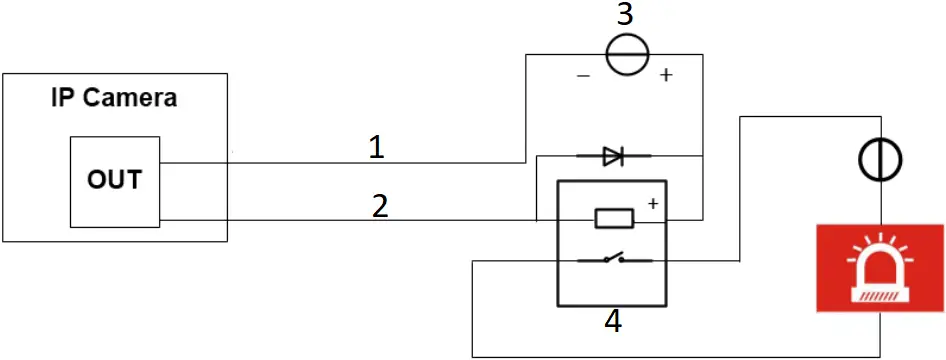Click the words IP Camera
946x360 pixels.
(114, 98)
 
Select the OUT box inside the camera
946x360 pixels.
(114, 181)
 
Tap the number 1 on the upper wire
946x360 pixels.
(376, 148)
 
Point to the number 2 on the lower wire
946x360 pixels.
(379, 206)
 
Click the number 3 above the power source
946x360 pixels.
(624, 14)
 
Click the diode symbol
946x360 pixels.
(612, 155)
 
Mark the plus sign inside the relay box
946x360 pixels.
(652, 204)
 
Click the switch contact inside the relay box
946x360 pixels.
(611, 260)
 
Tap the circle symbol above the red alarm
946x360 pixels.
(881, 158)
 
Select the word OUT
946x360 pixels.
(114, 181)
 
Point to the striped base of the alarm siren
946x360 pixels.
(880, 294)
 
